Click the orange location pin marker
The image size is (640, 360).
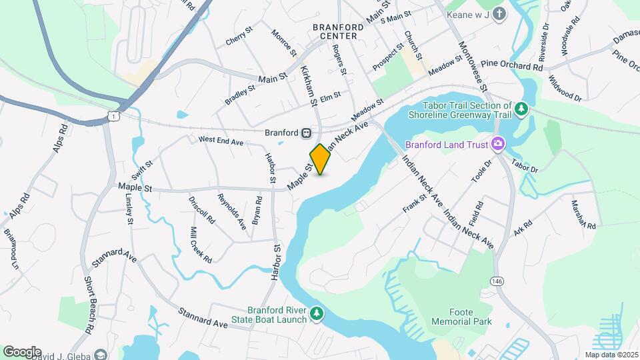pos(320,159)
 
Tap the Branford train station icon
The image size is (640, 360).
pos(306,133)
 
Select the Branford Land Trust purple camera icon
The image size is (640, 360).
pos(497,143)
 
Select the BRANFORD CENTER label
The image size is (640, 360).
pos(339,31)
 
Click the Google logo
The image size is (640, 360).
pos(22,351)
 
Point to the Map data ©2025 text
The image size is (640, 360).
pos(610,355)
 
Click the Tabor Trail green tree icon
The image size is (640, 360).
pos(523,108)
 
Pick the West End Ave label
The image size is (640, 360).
pos(221,141)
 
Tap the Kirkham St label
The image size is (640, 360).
pos(308,86)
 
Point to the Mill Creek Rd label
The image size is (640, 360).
pos(201,245)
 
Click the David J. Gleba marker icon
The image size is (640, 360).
pos(101,355)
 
